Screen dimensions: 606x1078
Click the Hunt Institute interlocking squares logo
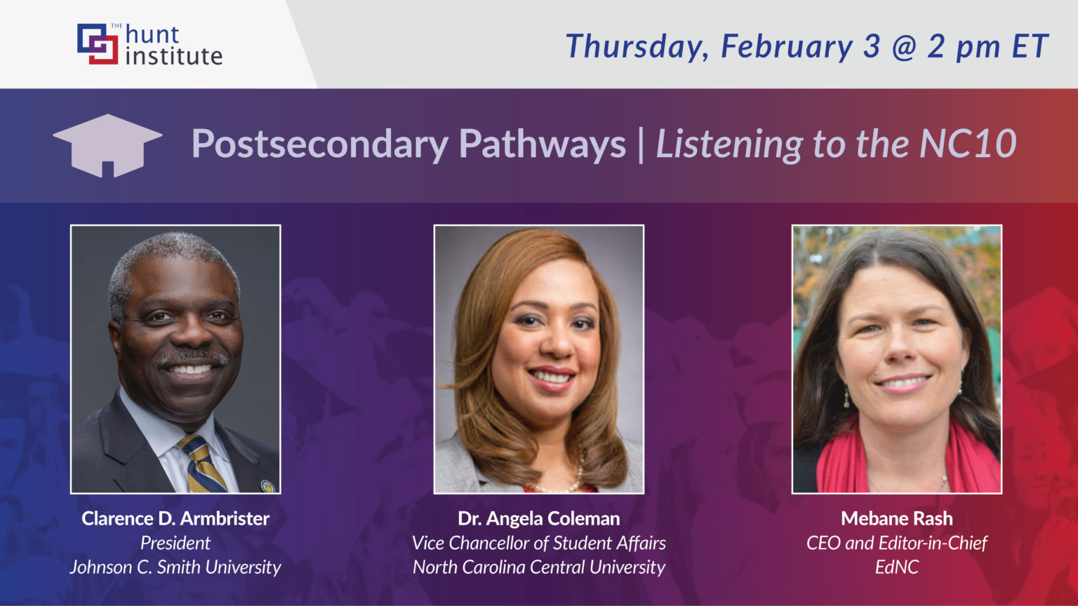click(x=98, y=44)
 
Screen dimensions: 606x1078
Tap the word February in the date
click(x=787, y=46)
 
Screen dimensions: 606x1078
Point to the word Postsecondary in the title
click(x=319, y=144)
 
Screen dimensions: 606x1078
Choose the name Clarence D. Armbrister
click(x=175, y=518)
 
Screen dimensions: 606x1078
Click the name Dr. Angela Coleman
click(x=539, y=518)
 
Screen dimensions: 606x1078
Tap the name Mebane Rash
click(x=897, y=518)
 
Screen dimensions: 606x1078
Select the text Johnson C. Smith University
click(x=175, y=567)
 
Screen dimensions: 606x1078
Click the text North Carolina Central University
click(x=539, y=567)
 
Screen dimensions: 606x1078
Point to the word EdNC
click(x=897, y=567)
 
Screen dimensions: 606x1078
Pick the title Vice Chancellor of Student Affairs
click(x=539, y=543)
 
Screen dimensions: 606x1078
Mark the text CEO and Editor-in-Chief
click(x=897, y=543)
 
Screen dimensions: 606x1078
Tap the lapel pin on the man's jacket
click(x=267, y=485)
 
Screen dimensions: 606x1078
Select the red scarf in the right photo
click(x=842, y=463)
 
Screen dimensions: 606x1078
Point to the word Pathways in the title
click(x=542, y=144)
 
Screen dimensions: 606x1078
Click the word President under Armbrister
click(x=175, y=543)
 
